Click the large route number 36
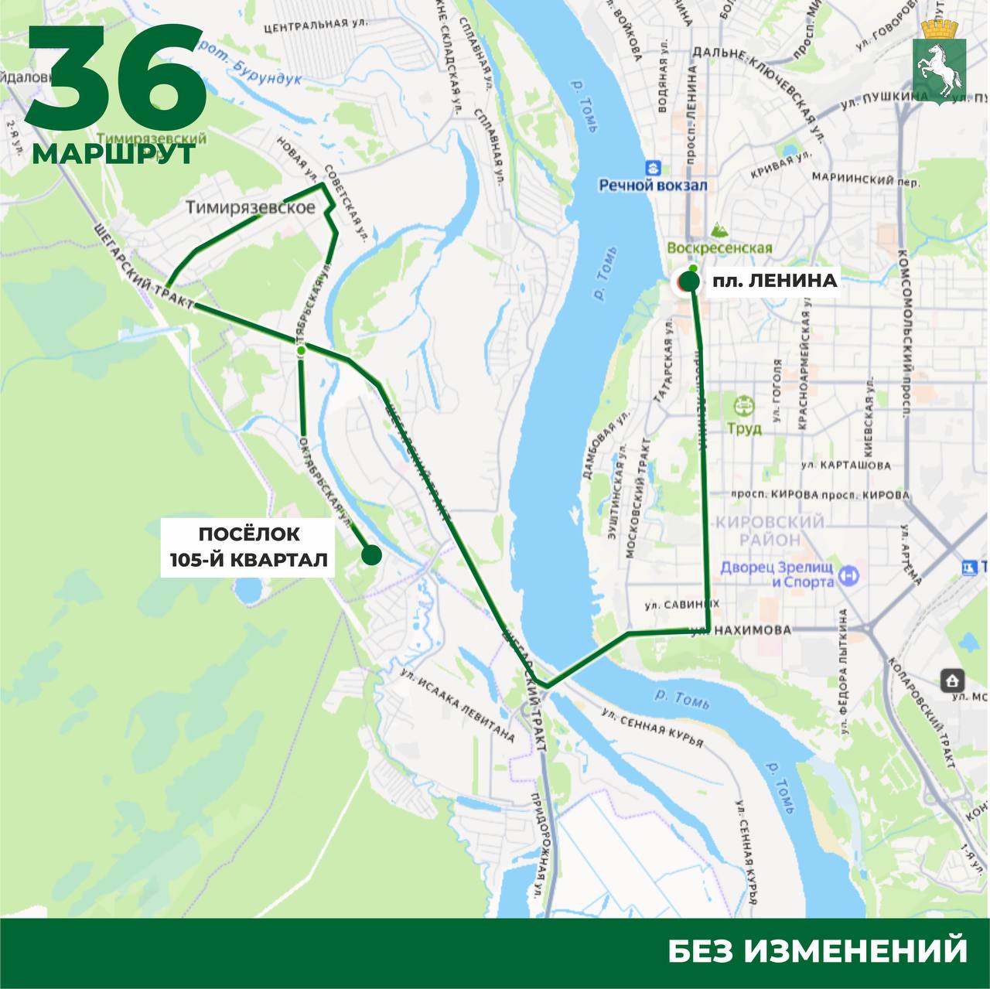coord(116,81)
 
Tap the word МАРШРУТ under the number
coord(114,153)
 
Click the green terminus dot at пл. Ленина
coord(688,283)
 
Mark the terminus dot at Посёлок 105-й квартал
coord(371,554)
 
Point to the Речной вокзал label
coord(654,186)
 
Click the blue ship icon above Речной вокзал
coord(654,167)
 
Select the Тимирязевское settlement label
coord(251,207)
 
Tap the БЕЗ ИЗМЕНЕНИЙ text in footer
coord(818,950)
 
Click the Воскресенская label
coord(720,248)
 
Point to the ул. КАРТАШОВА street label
coord(845,466)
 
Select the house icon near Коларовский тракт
coord(952,680)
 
